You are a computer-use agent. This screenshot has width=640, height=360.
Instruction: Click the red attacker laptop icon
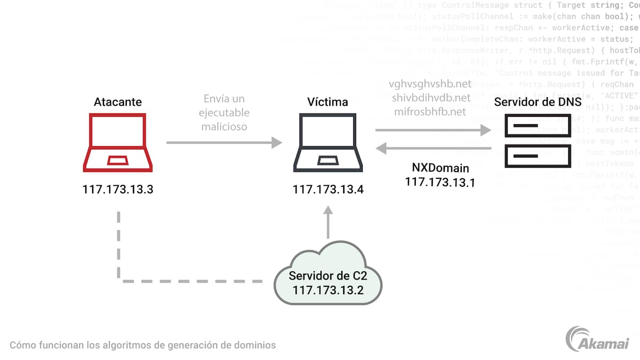(x=118, y=143)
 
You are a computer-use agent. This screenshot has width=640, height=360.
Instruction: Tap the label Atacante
(x=118, y=102)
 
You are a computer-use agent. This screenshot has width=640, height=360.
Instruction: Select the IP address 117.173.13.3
(x=118, y=189)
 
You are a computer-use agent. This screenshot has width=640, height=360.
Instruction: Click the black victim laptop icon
(x=328, y=143)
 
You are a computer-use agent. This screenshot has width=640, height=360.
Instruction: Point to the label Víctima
(x=328, y=102)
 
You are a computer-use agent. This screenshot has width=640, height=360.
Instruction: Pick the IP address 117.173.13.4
(x=328, y=189)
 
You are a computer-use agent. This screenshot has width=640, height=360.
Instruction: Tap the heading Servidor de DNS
(x=538, y=102)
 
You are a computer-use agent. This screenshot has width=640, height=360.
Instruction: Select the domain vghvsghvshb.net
(x=430, y=84)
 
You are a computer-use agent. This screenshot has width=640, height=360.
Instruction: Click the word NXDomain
(x=440, y=168)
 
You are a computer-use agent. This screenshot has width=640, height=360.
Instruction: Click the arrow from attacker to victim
(x=224, y=143)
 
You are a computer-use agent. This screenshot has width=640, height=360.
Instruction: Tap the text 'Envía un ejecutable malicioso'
(x=224, y=112)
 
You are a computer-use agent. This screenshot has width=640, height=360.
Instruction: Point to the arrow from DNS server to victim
(x=433, y=148)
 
